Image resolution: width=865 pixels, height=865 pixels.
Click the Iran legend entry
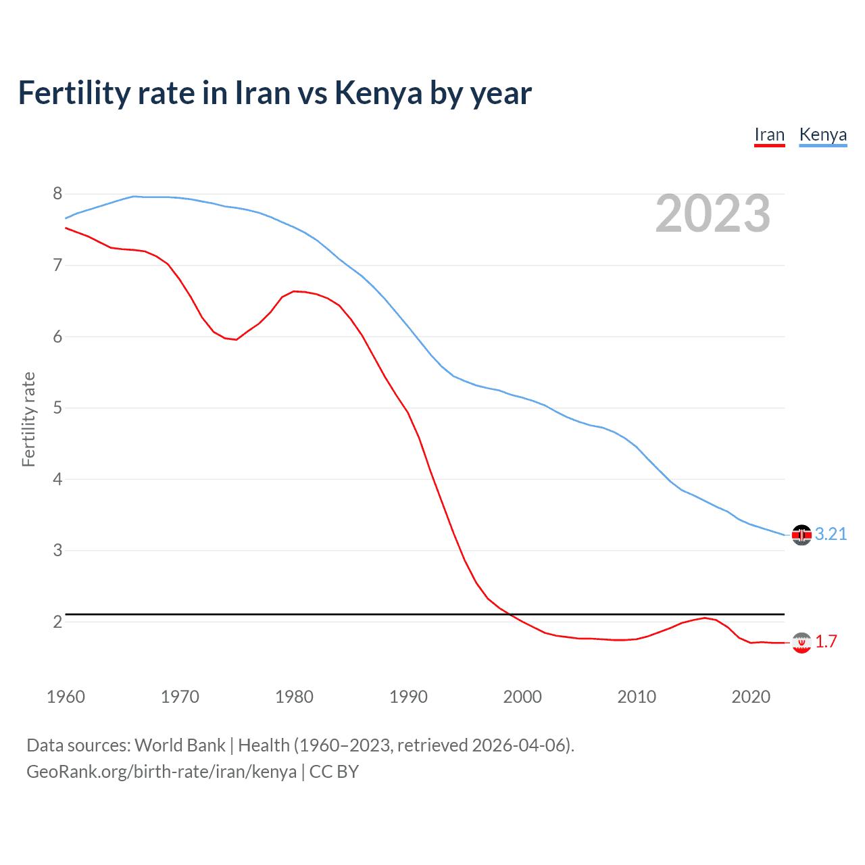click(x=769, y=135)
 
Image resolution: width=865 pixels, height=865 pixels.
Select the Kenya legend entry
click(x=822, y=135)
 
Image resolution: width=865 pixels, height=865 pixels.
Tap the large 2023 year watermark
click(x=712, y=214)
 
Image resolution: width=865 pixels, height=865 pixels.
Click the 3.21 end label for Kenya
click(x=831, y=535)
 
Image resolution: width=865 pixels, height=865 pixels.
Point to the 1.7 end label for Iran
click(x=826, y=641)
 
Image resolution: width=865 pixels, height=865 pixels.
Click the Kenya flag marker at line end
click(x=801, y=535)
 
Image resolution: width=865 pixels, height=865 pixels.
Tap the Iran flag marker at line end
click(x=801, y=643)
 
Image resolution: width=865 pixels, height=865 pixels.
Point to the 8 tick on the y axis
click(x=57, y=194)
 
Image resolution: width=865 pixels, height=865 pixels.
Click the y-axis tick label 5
click(x=57, y=408)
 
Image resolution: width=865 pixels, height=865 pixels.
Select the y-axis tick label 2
click(x=57, y=622)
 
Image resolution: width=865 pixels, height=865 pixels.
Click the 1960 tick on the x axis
click(x=66, y=697)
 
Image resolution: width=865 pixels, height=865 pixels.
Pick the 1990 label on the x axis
click(x=408, y=697)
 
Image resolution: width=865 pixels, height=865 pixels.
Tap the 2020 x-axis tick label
click(x=751, y=697)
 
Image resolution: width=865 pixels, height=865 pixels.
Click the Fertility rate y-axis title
click(x=28, y=419)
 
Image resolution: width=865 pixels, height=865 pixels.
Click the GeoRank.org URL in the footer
click(x=162, y=772)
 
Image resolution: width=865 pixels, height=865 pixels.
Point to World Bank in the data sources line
click(x=180, y=745)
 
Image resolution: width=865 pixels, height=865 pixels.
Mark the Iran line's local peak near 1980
click(x=294, y=291)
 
